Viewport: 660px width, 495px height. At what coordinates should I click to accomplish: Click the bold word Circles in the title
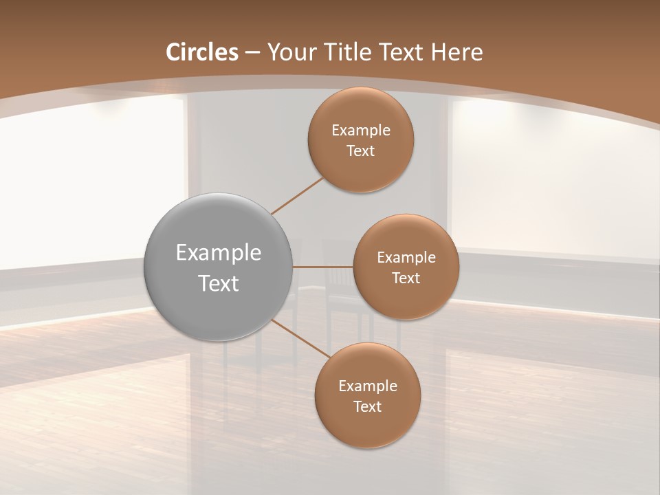tap(202, 52)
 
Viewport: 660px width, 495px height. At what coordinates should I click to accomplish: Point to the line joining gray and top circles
tap(297, 196)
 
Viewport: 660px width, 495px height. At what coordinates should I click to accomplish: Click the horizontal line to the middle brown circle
tap(323, 266)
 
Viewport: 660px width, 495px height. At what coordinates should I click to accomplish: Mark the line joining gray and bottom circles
tap(300, 338)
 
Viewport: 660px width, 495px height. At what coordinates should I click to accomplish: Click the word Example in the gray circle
tap(219, 253)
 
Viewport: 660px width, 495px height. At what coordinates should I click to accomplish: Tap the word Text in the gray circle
tap(219, 283)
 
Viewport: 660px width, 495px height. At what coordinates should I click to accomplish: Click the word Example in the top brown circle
tap(361, 130)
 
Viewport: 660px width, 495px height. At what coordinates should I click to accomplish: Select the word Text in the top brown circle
tap(360, 151)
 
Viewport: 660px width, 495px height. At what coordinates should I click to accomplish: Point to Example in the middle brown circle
tap(406, 257)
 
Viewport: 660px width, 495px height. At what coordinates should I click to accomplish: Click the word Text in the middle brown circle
tap(406, 278)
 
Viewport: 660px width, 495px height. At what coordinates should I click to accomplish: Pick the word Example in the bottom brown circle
tap(368, 386)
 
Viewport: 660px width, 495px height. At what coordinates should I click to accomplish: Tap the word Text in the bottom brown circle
tap(367, 407)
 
